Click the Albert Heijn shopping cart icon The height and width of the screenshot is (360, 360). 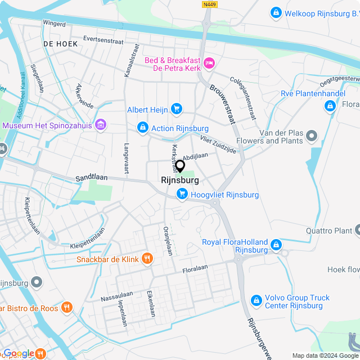tap(177, 109)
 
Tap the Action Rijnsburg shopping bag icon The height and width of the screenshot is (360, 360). tap(143, 128)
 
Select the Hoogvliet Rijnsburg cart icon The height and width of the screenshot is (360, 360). tap(182, 195)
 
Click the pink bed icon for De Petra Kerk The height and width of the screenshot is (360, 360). tap(209, 62)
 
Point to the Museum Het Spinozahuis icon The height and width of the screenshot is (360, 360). tap(101, 124)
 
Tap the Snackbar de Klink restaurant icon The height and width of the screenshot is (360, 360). tap(147, 258)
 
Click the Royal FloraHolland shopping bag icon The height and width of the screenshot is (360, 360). tap(276, 245)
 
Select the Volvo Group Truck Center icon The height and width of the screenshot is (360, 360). tap(256, 301)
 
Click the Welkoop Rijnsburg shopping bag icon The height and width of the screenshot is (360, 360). tap(276, 12)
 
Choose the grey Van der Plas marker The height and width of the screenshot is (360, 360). tap(311, 136)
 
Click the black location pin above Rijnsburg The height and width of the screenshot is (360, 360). tap(180, 166)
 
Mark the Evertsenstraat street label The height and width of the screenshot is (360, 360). tap(102, 40)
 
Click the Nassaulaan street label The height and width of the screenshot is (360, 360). tap(116, 295)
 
